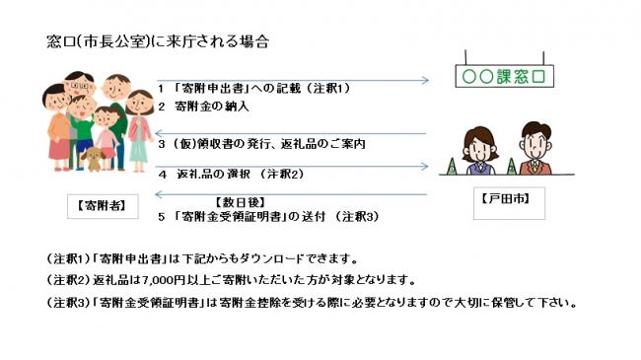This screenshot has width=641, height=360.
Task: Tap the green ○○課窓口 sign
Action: (502, 76)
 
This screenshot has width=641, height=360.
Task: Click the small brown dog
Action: (94, 159)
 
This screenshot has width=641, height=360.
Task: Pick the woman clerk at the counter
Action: (476, 151)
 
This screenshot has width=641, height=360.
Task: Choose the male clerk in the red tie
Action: (532, 149)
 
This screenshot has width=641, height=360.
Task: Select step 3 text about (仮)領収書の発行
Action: (261, 143)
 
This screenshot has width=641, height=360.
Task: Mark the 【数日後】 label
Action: (243, 201)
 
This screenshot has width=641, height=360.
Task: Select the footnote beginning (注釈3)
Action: (311, 301)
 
